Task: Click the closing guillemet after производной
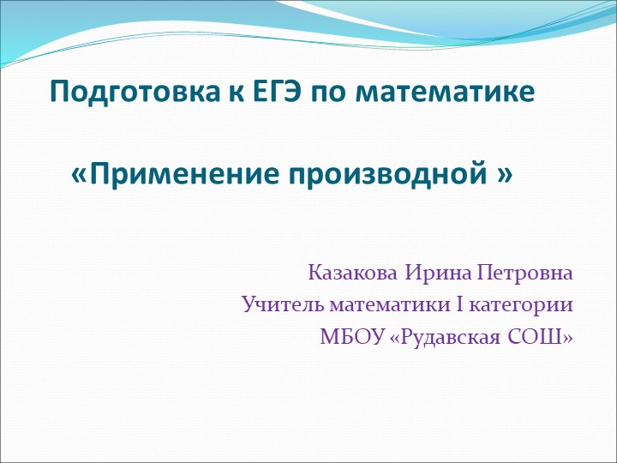coord(504,175)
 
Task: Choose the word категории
coord(515,304)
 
